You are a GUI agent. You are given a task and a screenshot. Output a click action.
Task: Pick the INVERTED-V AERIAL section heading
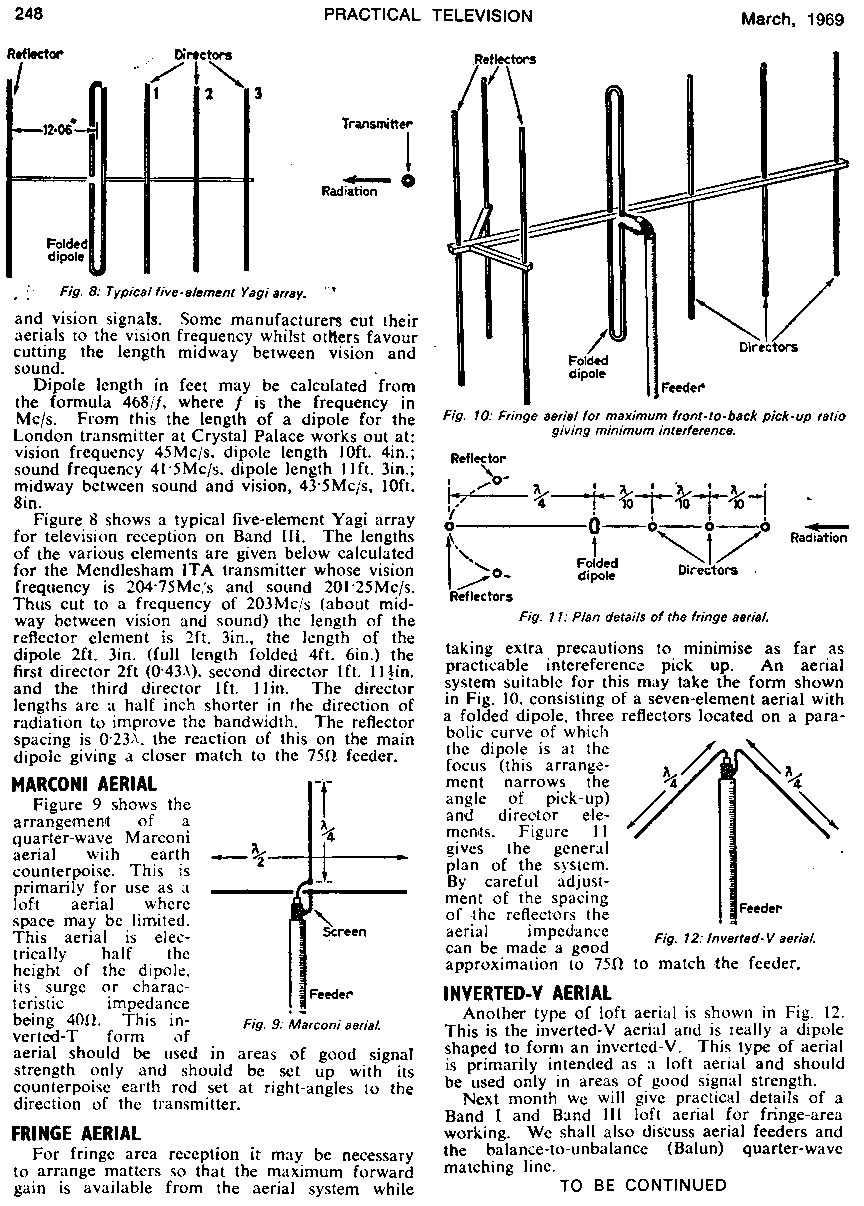click(x=527, y=993)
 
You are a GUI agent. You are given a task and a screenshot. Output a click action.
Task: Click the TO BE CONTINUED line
click(x=643, y=1186)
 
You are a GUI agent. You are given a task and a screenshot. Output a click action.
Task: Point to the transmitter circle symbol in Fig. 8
click(x=408, y=182)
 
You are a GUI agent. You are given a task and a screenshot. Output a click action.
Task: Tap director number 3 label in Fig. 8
click(x=257, y=94)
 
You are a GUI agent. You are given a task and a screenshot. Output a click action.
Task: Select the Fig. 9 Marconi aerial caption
click(x=304, y=1024)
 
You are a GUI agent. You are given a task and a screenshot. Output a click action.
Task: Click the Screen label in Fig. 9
click(x=345, y=931)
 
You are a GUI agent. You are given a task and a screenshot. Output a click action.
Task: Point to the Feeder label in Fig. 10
click(x=684, y=386)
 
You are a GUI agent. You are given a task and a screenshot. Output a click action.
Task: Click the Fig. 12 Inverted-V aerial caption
click(x=735, y=938)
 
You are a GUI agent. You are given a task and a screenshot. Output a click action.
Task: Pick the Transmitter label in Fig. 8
click(x=377, y=125)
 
